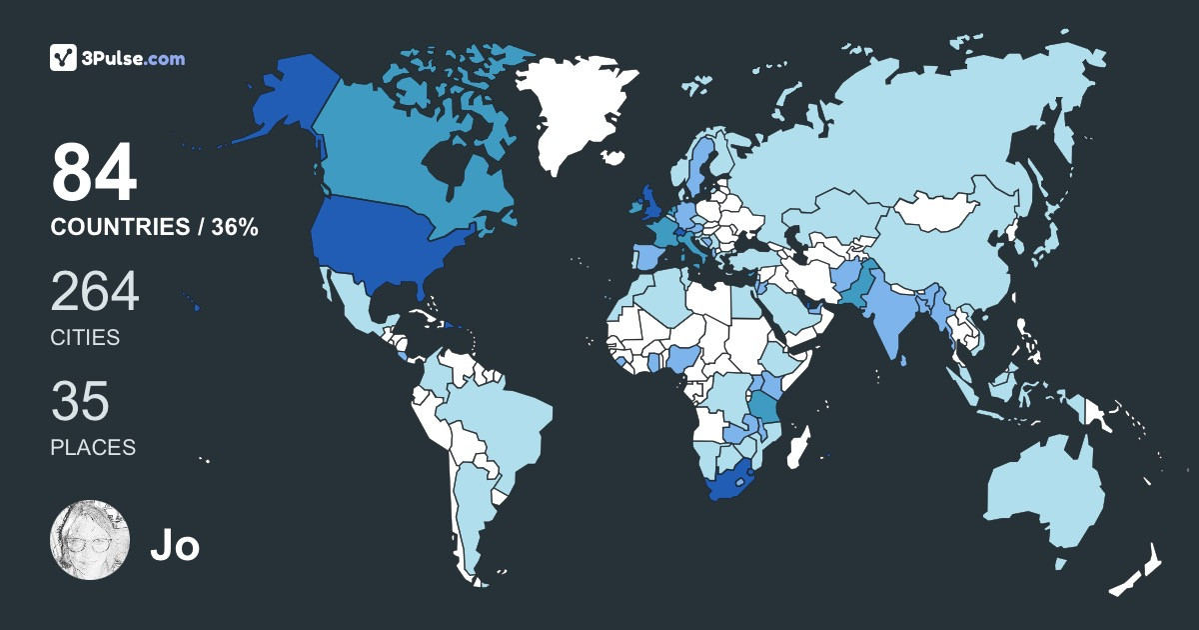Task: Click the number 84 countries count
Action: (x=94, y=173)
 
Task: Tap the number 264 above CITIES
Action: (x=95, y=291)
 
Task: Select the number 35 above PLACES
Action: (x=80, y=401)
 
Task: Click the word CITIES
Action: (x=85, y=338)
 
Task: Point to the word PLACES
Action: (x=93, y=447)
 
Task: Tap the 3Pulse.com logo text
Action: (x=135, y=58)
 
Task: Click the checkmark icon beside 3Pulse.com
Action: (x=64, y=58)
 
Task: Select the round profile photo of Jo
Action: (x=90, y=540)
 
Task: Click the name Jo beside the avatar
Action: (x=175, y=545)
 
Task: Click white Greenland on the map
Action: (x=575, y=110)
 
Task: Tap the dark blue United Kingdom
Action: (x=648, y=200)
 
